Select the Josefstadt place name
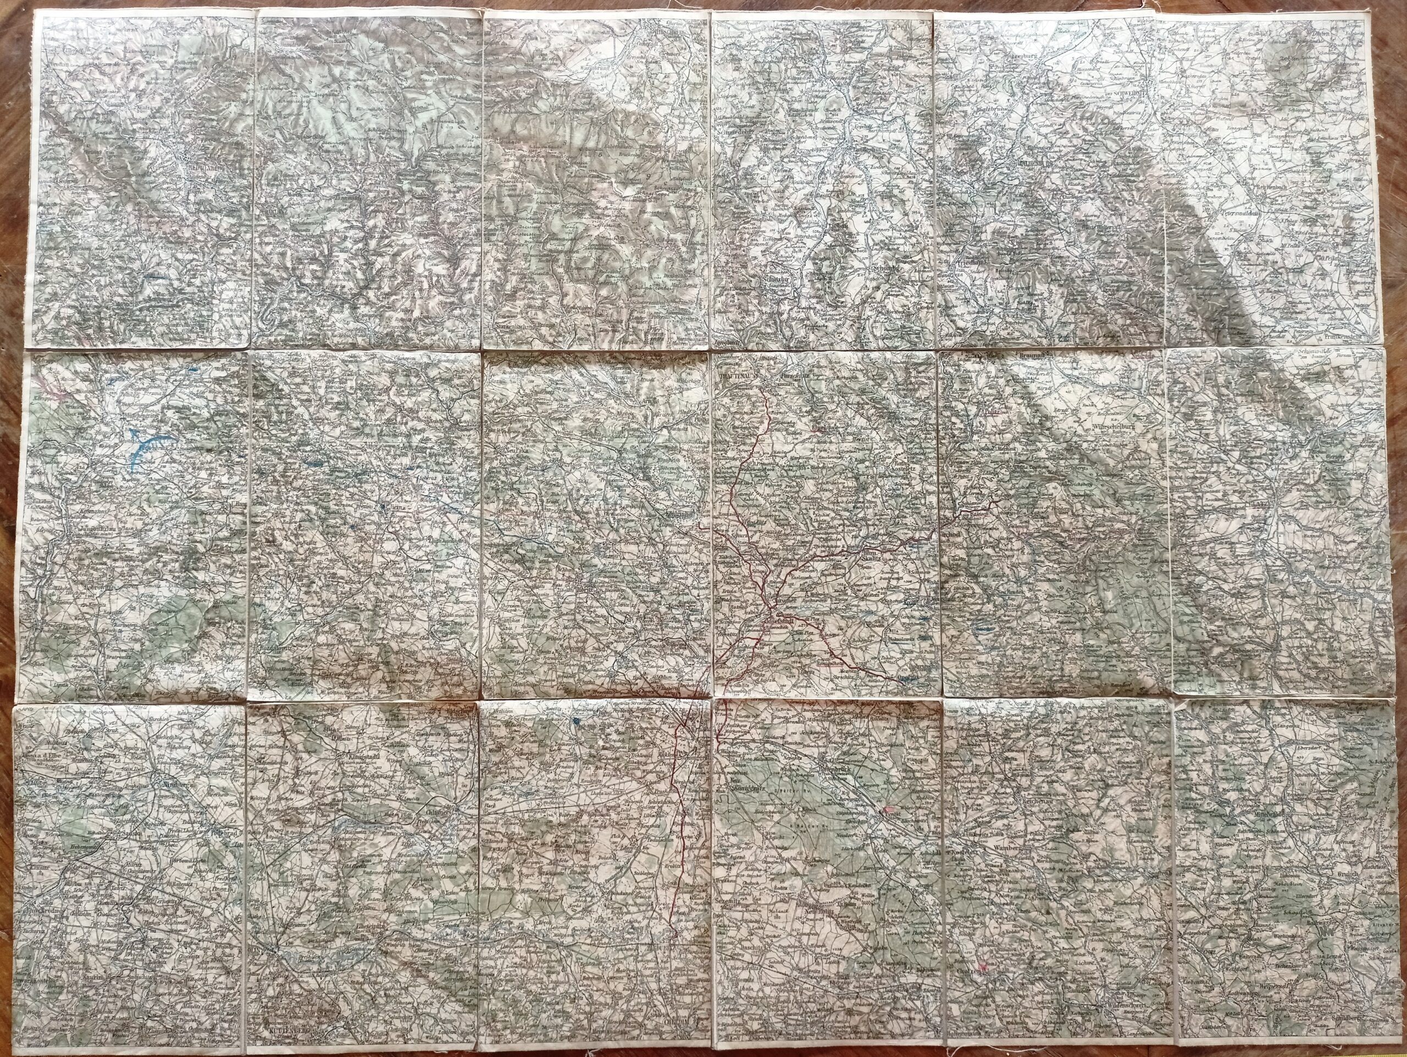click(780, 618)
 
